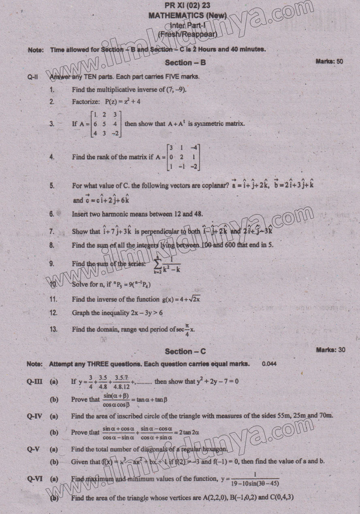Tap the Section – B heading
(x=185, y=62)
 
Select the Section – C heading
(x=185, y=351)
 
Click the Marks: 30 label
(x=330, y=350)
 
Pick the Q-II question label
(x=32, y=76)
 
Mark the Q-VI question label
(x=35, y=478)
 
